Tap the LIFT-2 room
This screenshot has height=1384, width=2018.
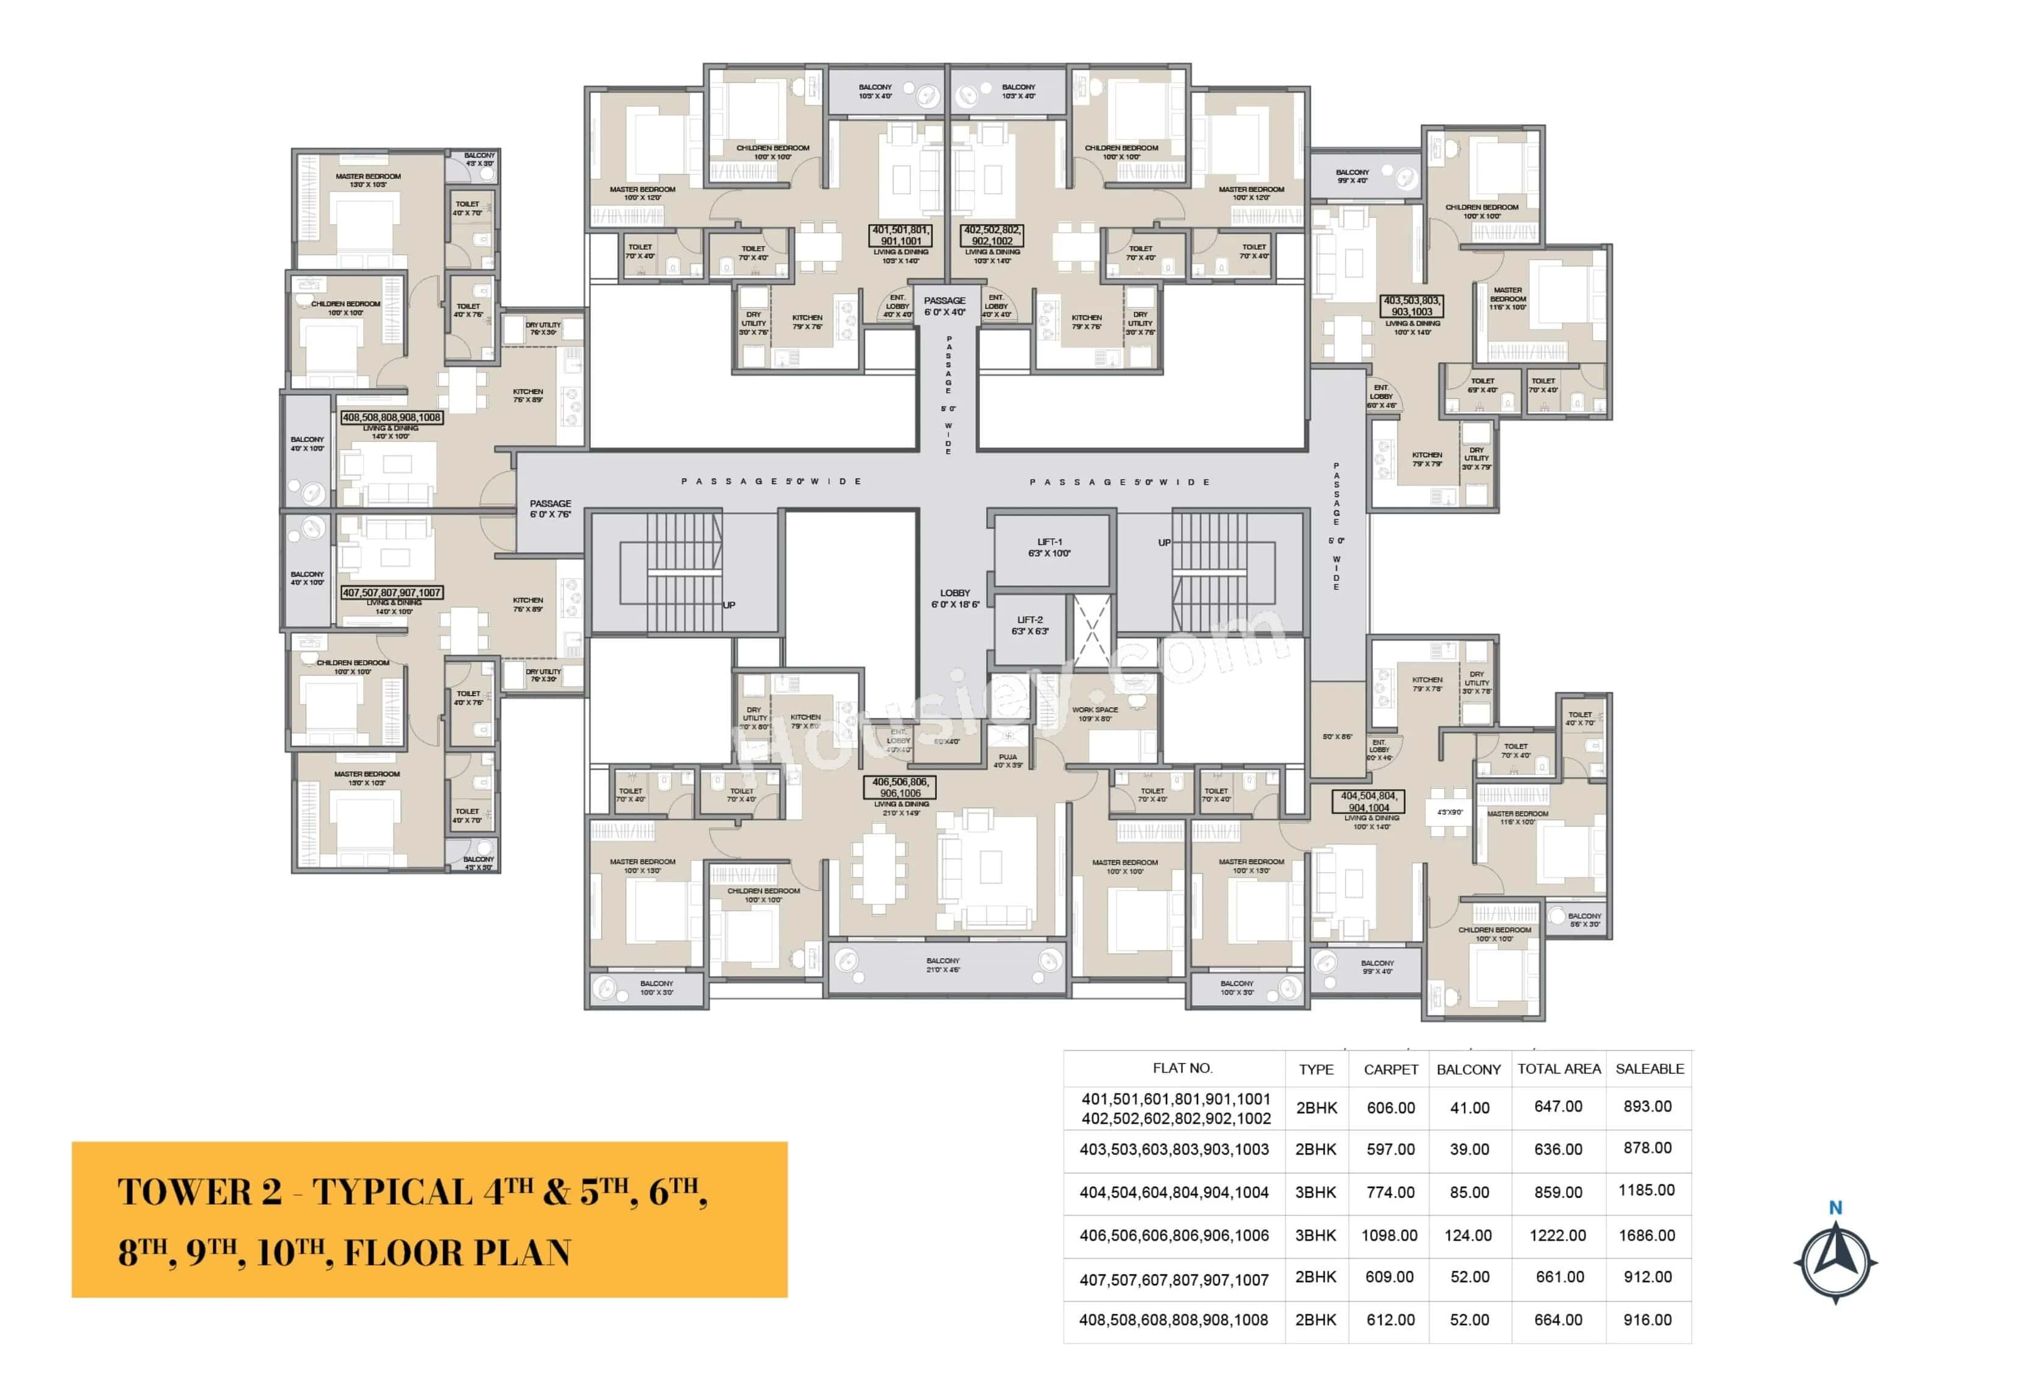[1030, 626]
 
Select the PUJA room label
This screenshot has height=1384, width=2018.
[1008, 760]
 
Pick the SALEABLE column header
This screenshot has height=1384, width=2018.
[1649, 1069]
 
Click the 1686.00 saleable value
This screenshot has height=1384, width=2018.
[1646, 1235]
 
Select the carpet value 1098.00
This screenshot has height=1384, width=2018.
[1389, 1235]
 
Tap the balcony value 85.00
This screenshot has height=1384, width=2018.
[1469, 1192]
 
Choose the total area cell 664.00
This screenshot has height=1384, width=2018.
[1558, 1319]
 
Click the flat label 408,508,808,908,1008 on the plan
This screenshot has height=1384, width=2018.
[392, 418]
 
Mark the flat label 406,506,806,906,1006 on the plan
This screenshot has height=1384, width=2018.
[900, 787]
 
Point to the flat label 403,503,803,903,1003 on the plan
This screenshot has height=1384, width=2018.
[1412, 306]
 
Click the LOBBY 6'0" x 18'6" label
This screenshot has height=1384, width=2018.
[955, 598]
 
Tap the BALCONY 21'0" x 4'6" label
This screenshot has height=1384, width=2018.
[943, 964]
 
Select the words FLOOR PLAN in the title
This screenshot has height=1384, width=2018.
[457, 1253]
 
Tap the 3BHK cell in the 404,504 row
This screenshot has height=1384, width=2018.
[1316, 1192]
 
